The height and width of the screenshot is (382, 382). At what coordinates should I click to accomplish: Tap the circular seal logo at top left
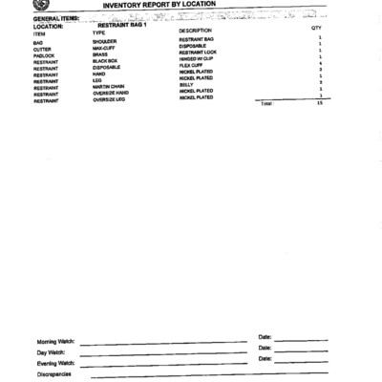(x=44, y=7)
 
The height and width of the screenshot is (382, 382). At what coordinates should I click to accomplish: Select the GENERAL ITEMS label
(x=55, y=18)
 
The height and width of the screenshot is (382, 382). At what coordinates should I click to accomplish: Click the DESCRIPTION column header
(x=196, y=31)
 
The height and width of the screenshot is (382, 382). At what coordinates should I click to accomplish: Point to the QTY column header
(x=316, y=29)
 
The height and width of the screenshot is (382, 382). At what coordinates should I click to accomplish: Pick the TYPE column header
(x=98, y=33)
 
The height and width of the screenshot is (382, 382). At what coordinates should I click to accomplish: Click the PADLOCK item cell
(x=45, y=55)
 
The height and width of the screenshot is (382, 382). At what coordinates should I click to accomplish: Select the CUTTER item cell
(x=43, y=49)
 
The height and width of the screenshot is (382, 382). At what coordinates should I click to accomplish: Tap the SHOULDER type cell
(x=105, y=42)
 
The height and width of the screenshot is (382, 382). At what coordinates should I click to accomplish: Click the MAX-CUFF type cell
(x=104, y=49)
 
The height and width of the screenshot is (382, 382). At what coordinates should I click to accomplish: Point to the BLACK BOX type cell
(x=106, y=62)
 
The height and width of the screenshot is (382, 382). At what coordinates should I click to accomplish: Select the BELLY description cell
(x=186, y=84)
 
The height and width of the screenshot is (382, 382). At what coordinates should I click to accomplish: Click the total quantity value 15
(x=319, y=102)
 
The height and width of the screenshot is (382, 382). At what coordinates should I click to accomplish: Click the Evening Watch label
(x=55, y=363)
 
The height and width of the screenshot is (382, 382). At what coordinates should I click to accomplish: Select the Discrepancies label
(x=53, y=374)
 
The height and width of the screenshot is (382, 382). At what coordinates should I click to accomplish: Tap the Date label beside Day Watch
(x=265, y=348)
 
